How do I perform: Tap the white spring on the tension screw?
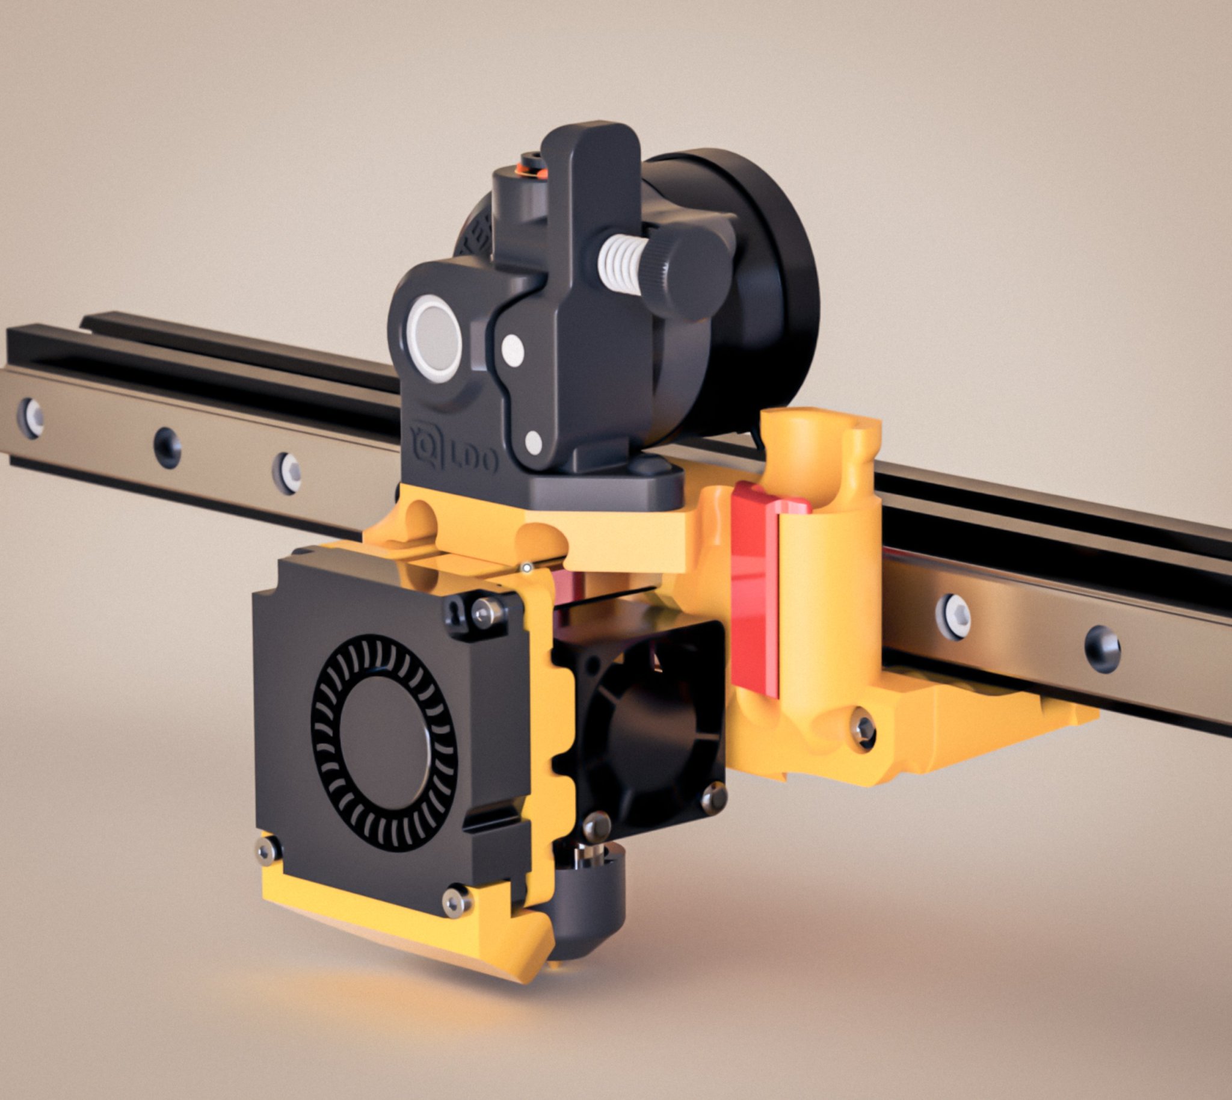coord(622,264)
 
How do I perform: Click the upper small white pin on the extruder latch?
coord(513,351)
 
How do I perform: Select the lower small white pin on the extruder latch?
coord(533,442)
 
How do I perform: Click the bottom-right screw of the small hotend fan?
coord(713,799)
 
